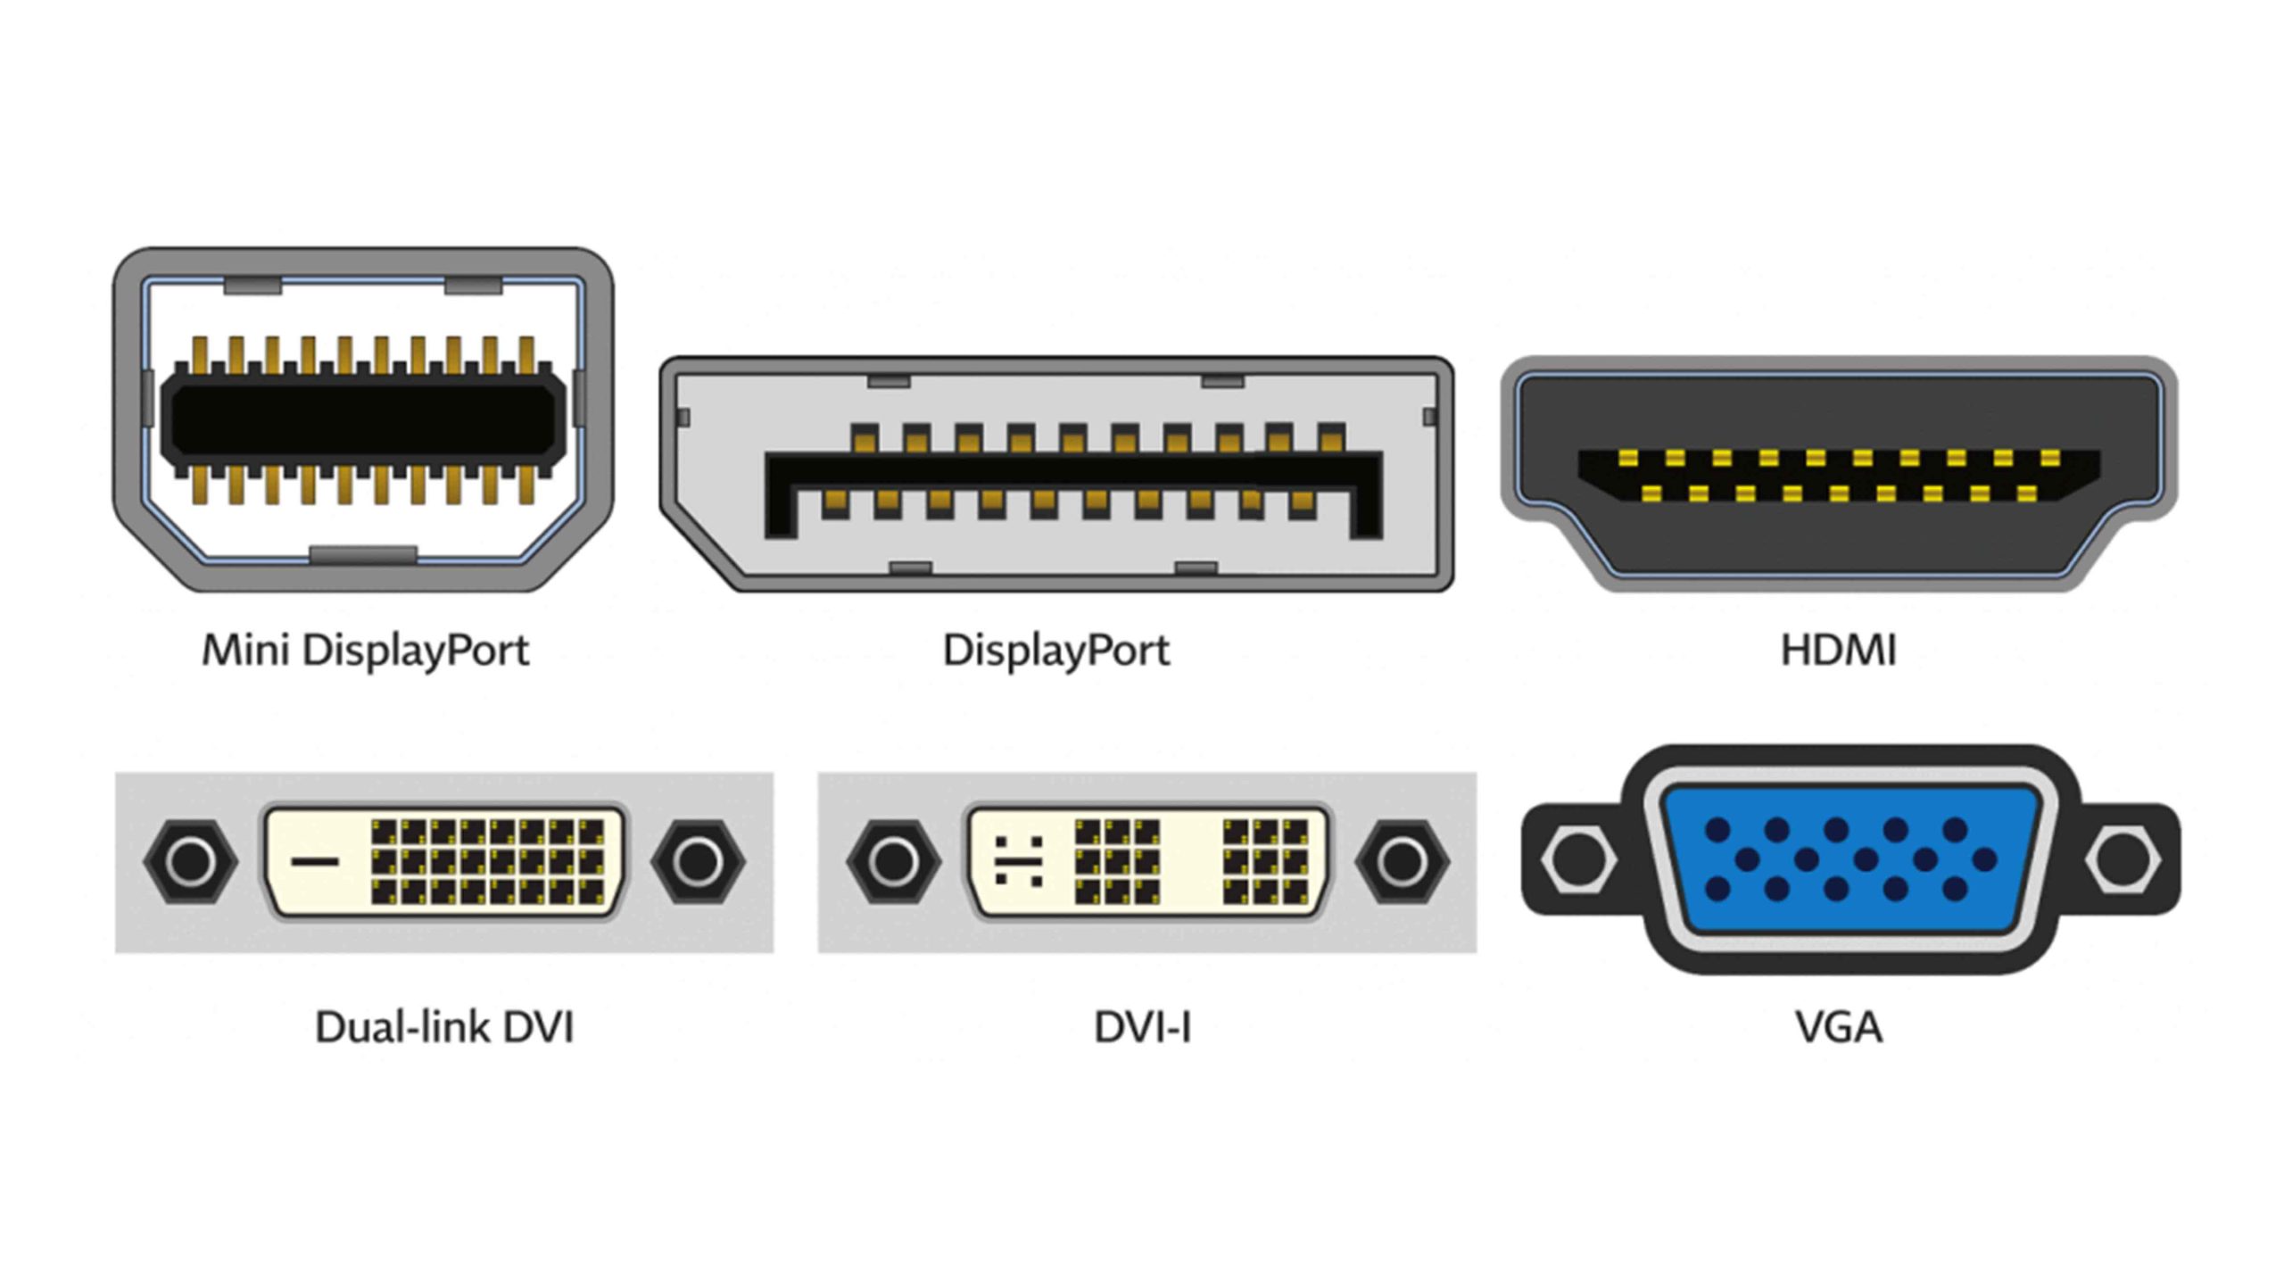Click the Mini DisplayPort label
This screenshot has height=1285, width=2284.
pos(365,650)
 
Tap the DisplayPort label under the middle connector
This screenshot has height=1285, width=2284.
pos(1055,650)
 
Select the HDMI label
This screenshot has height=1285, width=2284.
pos(1838,650)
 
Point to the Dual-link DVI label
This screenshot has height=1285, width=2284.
pos(444,1027)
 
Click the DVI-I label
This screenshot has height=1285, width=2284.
pos(1143,1027)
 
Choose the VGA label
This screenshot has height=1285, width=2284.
pos(1839,1027)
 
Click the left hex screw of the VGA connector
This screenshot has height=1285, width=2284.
pos(1577,859)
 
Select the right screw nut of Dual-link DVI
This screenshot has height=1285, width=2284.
pos(698,861)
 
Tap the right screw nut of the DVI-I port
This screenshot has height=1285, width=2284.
pos(1402,861)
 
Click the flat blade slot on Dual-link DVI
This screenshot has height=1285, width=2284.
pos(315,861)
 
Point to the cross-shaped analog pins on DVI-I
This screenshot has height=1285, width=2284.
pos(1018,861)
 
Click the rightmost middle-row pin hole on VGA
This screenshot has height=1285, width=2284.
pos(1985,860)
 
